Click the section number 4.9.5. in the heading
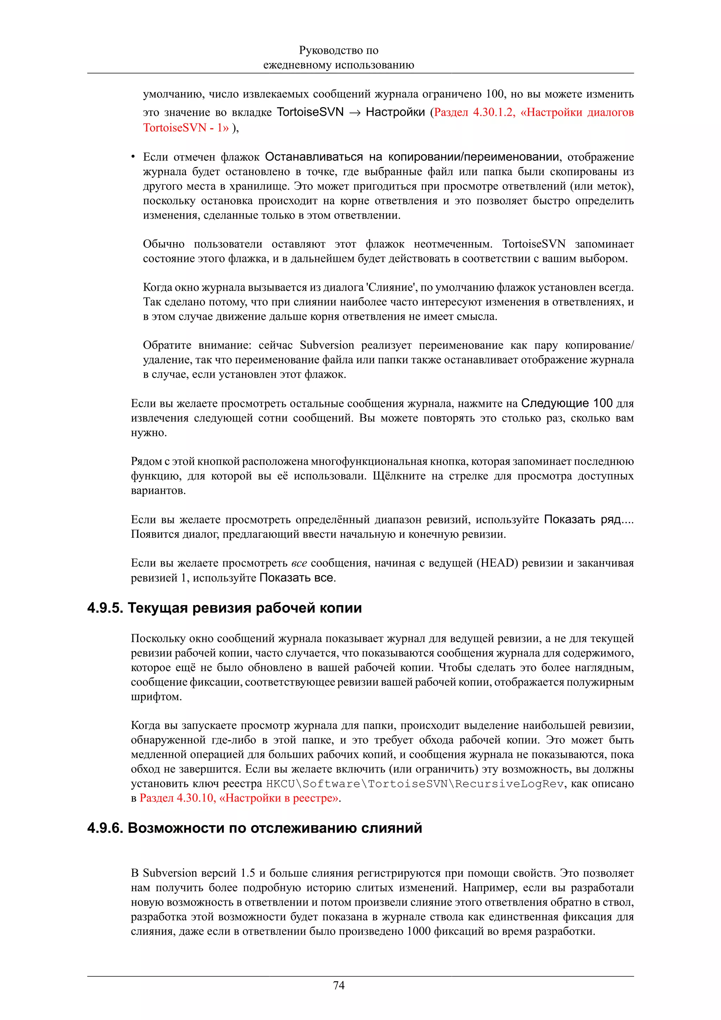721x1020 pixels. coord(105,608)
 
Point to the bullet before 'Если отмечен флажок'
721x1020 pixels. coord(133,157)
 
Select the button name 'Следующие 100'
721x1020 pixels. coord(566,403)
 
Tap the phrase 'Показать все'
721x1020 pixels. coord(296,578)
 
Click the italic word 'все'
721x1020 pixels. coord(299,563)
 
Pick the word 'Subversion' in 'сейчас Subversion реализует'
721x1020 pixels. coord(326,345)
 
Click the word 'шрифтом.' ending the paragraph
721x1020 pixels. coord(156,697)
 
